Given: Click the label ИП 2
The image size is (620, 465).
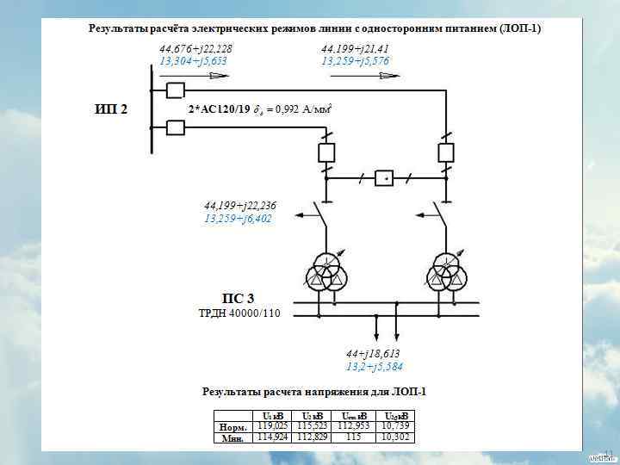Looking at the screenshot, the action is pyautogui.click(x=110, y=109).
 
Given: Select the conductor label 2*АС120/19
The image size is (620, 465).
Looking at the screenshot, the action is pyautogui.click(x=219, y=109).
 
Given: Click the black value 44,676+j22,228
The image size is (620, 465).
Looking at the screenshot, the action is pyautogui.click(x=195, y=49).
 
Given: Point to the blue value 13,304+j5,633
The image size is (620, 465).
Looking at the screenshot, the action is pyautogui.click(x=194, y=61).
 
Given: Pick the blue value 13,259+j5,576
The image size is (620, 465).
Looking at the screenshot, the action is pyautogui.click(x=355, y=61).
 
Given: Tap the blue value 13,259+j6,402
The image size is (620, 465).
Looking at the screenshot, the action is pyautogui.click(x=238, y=219).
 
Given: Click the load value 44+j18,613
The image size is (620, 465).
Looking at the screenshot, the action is pyautogui.click(x=373, y=354).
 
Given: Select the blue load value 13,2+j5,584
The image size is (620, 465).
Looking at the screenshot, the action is pyautogui.click(x=375, y=367).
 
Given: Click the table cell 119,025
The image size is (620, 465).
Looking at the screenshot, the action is pyautogui.click(x=272, y=425).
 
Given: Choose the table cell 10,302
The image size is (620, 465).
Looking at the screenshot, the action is pyautogui.click(x=397, y=437).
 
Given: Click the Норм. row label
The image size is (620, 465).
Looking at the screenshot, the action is pyautogui.click(x=233, y=426).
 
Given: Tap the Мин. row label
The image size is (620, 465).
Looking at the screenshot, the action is pyautogui.click(x=233, y=437).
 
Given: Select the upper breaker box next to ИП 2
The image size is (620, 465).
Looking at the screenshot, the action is pyautogui.click(x=175, y=90).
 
